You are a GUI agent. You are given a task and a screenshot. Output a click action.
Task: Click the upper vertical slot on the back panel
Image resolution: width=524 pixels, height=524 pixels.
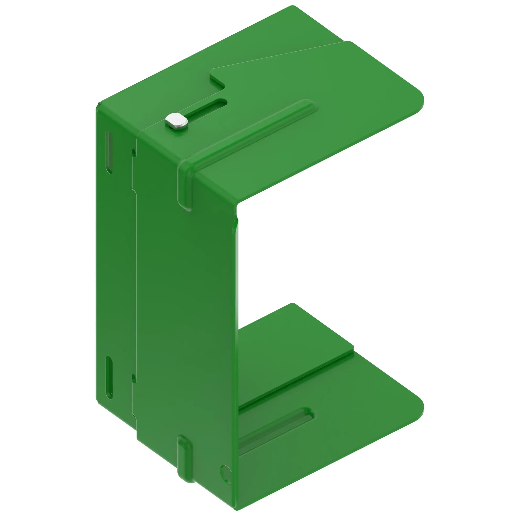click(109, 152)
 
